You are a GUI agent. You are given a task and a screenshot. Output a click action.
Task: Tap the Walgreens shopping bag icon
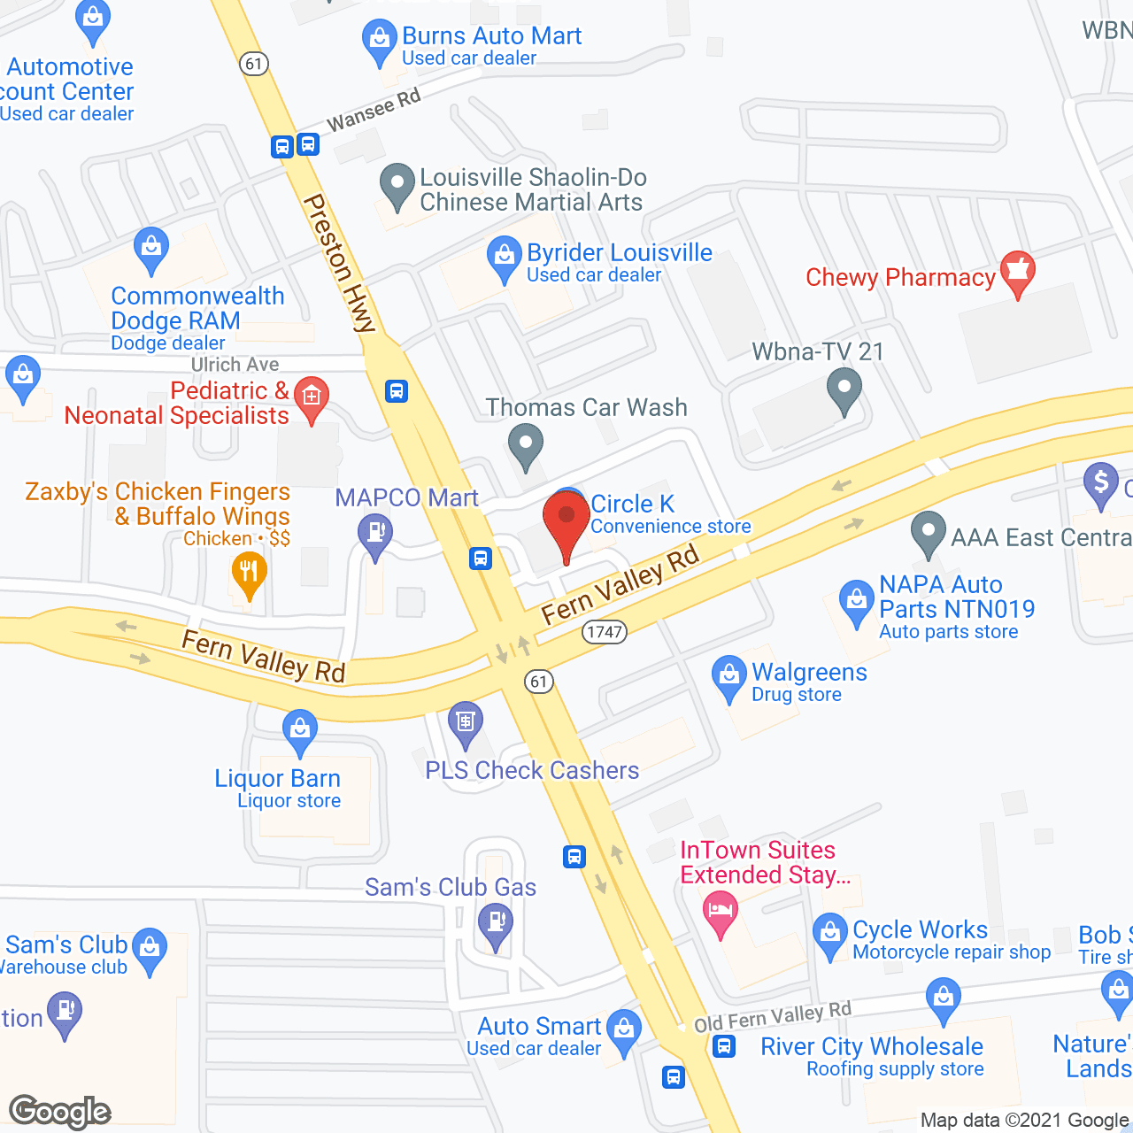pyautogui.click(x=728, y=677)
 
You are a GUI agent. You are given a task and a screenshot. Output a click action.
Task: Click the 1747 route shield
pyautogui.click(x=605, y=632)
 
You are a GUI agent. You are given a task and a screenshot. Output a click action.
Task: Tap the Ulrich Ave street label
pyautogui.click(x=235, y=365)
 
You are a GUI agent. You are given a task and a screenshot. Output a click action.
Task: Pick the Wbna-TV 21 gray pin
pyautogui.click(x=844, y=389)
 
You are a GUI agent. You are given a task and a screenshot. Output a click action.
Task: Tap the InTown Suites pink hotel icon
pyautogui.click(x=721, y=913)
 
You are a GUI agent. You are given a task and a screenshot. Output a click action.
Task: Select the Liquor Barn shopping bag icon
pyautogui.click(x=300, y=731)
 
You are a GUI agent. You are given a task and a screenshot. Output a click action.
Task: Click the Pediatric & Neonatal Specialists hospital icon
pyautogui.click(x=312, y=398)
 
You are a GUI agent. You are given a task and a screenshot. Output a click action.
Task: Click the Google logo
pyautogui.click(x=60, y=1112)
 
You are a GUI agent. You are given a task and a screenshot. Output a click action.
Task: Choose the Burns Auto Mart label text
pyautogui.click(x=491, y=36)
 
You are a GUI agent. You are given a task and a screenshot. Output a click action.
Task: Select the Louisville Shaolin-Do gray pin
pyautogui.click(x=397, y=185)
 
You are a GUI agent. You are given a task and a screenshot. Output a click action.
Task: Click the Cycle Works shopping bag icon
pyautogui.click(x=829, y=934)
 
